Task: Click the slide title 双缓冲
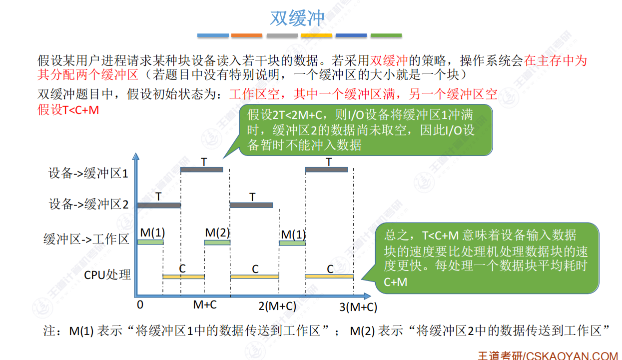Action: coord(297,18)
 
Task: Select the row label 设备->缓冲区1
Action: coord(88,173)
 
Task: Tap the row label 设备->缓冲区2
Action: coord(88,204)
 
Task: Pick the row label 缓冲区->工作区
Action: coord(86,239)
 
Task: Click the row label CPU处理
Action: coord(107,274)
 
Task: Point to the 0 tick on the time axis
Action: coord(140,304)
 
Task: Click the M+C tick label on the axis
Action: coord(205,304)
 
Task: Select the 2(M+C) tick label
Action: coord(277,305)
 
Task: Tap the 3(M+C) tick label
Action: coord(358,307)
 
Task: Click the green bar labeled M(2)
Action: coord(217,242)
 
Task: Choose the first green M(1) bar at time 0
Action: coord(150,242)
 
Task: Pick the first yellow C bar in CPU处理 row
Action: coord(183,276)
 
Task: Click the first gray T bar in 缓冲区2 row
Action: coord(159,205)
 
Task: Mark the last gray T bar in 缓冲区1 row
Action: coord(326,169)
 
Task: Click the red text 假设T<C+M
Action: coord(68,110)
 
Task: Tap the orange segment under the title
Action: coord(247,35)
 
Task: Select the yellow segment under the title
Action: coord(317,35)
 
